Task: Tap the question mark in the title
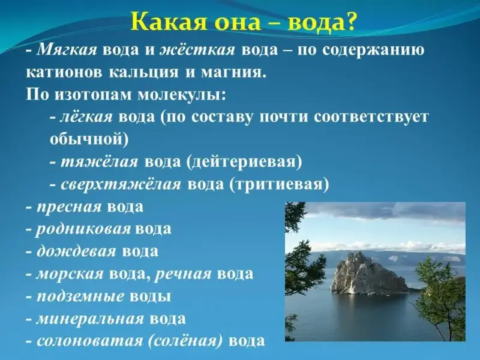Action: tap(349, 22)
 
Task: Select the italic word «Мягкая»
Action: tap(67, 50)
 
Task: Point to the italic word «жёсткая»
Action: tap(198, 50)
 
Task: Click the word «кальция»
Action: tap(143, 73)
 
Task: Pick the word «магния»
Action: tap(232, 73)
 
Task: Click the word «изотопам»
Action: tap(93, 95)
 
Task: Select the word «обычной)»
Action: tap(89, 139)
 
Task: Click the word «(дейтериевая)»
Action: tap(244, 161)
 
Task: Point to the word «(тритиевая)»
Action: tap(279, 184)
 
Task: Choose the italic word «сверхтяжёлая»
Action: tap(121, 184)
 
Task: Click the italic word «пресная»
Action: tap(69, 207)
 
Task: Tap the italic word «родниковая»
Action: tap(83, 229)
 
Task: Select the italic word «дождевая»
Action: tap(76, 251)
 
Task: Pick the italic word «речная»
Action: tap(183, 274)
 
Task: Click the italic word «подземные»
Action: tap(80, 296)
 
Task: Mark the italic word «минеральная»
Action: tap(90, 319)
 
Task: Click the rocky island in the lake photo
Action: tap(369, 274)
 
